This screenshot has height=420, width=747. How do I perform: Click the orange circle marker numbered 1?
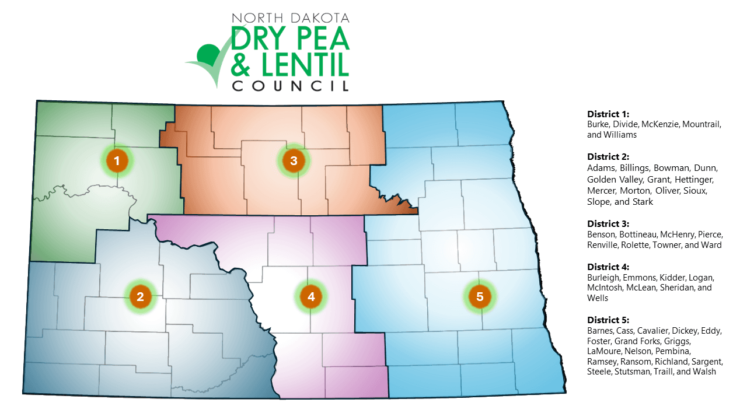[117, 160]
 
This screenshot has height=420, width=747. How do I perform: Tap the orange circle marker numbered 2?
[140, 296]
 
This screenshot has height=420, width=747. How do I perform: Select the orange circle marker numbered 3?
[294, 160]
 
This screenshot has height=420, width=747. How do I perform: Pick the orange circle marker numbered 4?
[311, 296]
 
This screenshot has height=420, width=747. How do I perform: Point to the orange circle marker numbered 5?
[480, 296]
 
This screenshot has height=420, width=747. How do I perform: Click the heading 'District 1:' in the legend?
[608, 114]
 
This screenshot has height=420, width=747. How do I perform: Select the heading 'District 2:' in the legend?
[608, 157]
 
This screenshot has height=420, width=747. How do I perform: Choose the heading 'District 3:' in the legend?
[608, 223]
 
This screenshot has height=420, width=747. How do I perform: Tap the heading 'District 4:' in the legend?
[608, 267]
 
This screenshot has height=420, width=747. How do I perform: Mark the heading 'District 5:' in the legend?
[608, 320]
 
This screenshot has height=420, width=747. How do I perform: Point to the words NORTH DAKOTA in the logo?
[290, 19]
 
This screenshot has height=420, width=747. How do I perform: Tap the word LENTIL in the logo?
[303, 65]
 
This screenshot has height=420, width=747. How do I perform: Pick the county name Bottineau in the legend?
[636, 235]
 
